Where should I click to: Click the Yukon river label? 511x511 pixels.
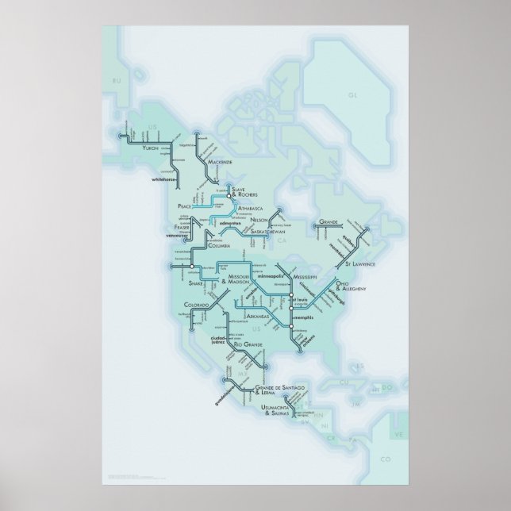pos(150,148)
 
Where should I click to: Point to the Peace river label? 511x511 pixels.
pos(186,205)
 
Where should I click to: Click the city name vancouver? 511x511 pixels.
pos(180,237)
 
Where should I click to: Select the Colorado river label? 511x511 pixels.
pos(196,305)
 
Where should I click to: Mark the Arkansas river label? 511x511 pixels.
pos(258,316)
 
